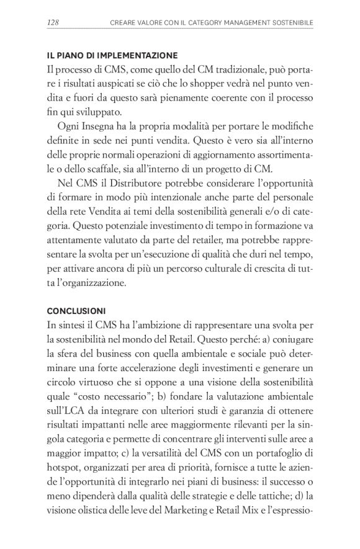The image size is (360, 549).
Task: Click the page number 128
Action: click(53, 24)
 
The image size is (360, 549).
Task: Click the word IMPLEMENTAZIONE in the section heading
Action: click(137, 55)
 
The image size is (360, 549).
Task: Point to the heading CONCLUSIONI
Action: click(75, 310)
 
